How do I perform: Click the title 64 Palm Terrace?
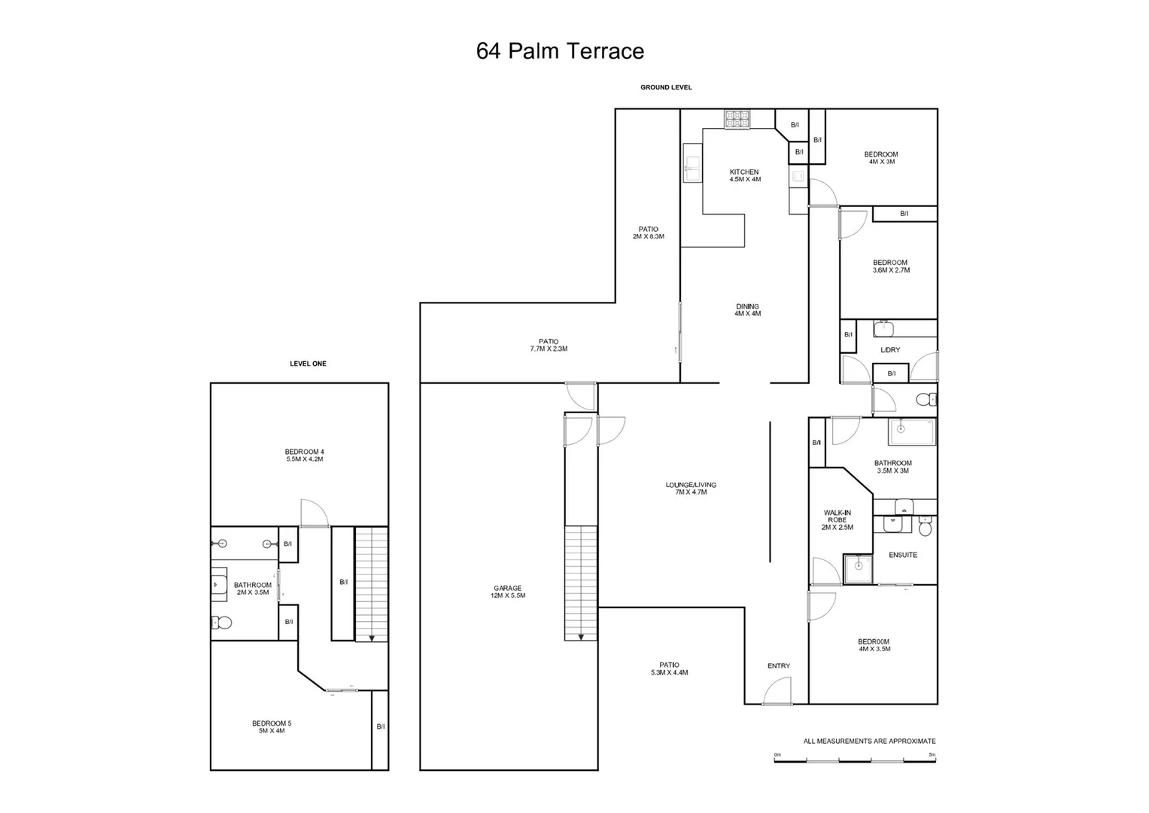tap(560, 51)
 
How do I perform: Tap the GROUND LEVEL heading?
tap(666, 87)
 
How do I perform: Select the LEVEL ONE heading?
tap(308, 364)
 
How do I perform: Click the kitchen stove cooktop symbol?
tap(737, 119)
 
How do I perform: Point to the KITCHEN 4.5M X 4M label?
tap(744, 175)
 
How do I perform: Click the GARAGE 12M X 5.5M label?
tap(507, 592)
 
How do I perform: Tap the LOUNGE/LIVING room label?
tap(691, 488)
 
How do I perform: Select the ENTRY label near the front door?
tap(779, 665)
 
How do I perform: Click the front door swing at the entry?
tap(777, 691)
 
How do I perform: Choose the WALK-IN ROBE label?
tap(837, 519)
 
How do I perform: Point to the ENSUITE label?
tap(903, 555)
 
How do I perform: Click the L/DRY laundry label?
tap(890, 350)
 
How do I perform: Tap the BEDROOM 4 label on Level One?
tap(304, 455)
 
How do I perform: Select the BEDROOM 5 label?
tap(272, 726)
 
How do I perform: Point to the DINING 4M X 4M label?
tap(747, 309)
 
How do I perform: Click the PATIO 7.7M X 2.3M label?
tap(549, 345)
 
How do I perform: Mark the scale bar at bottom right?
tap(855, 760)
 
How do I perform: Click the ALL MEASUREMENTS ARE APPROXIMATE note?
tap(869, 741)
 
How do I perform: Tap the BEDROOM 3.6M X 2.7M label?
tap(890, 266)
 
